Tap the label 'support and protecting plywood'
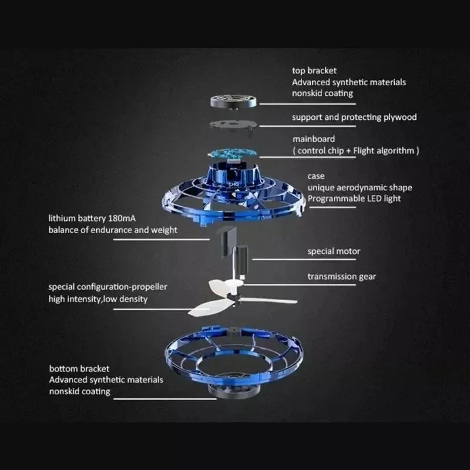coord(354,117)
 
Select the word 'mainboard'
coord(314,139)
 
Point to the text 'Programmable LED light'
coord(354,199)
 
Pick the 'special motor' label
coord(334,251)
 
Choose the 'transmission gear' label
coord(342,276)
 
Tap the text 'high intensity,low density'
coord(98,299)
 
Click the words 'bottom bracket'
coord(79,369)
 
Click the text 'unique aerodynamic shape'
coord(360,187)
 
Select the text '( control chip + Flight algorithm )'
coord(355,151)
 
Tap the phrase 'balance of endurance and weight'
coord(112,230)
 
